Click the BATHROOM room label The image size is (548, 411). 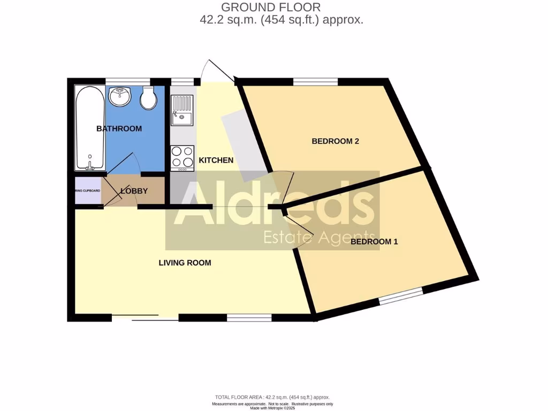click(119, 128)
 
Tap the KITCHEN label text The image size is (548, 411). click(216, 160)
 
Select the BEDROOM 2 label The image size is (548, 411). click(335, 141)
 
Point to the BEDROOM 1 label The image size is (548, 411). click(375, 241)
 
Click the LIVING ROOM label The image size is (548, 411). click(185, 263)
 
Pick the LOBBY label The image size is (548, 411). click(134, 191)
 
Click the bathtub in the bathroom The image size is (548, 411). click(89, 128)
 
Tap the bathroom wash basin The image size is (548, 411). click(120, 97)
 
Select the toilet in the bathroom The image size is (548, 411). click(148, 98)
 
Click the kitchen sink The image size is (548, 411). click(182, 110)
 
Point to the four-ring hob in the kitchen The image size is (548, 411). click(182, 157)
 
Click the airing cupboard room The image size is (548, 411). click(87, 191)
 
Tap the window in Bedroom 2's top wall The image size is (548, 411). click(315, 81)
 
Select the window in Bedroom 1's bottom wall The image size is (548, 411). click(400, 296)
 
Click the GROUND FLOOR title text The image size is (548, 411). click(271, 7)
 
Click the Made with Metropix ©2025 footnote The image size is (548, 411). click(272, 408)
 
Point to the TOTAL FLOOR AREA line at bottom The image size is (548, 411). click(272, 397)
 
